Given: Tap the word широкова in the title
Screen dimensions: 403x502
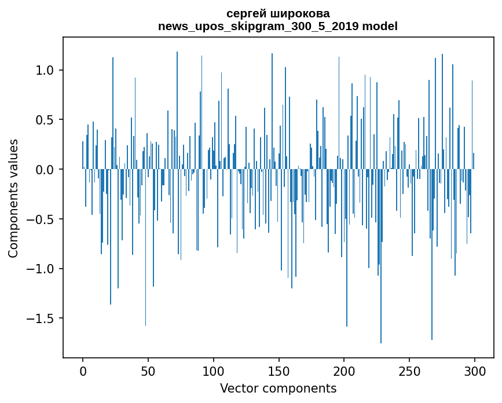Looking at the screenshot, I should coord(301,13).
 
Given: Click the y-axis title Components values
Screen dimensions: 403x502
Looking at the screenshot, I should coord(13,198).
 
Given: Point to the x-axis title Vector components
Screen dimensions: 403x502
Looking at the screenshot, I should coord(278,388).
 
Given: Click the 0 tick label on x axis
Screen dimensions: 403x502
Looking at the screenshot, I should coord(83,371).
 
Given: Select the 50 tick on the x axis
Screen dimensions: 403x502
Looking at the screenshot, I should coord(148,371).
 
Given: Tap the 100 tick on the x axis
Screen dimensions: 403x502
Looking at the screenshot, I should coord(214,371).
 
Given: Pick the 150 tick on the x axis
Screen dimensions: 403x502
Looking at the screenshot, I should coord(279,371).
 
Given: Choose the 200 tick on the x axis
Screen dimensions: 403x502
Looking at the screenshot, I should coord(345,371).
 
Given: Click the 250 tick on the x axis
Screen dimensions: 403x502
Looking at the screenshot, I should coord(409,371).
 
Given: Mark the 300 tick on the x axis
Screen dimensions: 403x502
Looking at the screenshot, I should coord(475,371).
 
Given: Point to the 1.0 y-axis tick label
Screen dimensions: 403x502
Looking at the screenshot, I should coord(45,70).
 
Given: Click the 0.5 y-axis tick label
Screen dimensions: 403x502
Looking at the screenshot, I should coord(45,120).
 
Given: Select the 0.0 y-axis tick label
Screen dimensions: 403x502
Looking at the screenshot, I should coord(45,170).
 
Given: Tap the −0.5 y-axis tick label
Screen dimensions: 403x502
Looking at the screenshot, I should coord(41,219).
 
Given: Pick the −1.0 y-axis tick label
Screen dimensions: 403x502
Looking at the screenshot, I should coord(41,269).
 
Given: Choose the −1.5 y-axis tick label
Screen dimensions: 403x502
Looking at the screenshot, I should coord(41,318).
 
